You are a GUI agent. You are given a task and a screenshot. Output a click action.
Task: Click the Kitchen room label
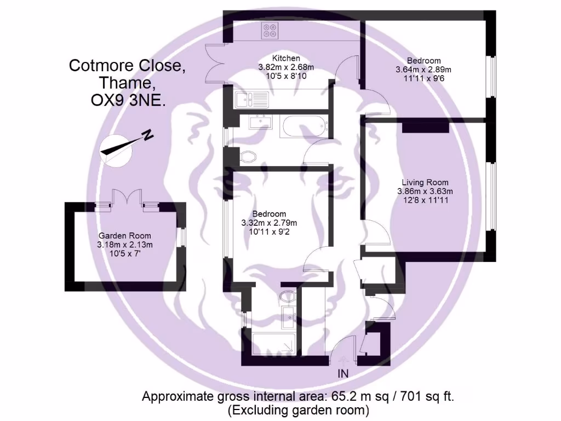(286, 58)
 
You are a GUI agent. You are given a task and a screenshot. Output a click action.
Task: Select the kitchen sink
(251, 99)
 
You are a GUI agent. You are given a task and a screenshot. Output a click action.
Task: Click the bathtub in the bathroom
(303, 126)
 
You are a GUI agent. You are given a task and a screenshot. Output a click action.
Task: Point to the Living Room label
(425, 183)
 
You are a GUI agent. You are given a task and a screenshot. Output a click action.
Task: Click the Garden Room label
(124, 236)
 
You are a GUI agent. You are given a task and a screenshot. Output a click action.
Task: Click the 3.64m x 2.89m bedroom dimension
(423, 70)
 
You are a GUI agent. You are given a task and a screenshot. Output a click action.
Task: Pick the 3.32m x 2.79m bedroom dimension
(269, 223)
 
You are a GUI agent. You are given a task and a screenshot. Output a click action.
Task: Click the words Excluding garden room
(298, 409)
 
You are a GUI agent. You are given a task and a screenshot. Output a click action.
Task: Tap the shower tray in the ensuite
(274, 343)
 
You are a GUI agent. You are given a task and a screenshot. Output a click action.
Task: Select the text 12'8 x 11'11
(425, 200)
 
